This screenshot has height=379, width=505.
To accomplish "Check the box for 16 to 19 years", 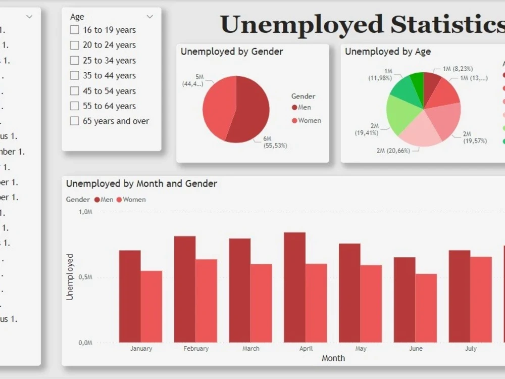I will (x=75, y=30).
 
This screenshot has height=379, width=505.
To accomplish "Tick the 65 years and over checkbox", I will (x=75, y=121).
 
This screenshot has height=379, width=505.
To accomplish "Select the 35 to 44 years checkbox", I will (x=75, y=76).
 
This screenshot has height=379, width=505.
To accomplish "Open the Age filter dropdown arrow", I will (x=149, y=17).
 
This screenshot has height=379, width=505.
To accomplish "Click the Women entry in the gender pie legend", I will (x=309, y=120).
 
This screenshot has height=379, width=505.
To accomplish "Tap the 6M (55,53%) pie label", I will (x=275, y=142).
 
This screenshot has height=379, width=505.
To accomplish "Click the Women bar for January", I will (x=151, y=306).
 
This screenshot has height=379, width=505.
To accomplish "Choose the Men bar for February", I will (x=185, y=289).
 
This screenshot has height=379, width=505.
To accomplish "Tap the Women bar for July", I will (x=481, y=299).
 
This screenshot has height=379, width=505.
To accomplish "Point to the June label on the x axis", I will (x=416, y=349).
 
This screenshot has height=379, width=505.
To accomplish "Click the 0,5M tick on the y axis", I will (x=85, y=277).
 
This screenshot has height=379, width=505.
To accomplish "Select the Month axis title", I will (x=333, y=358).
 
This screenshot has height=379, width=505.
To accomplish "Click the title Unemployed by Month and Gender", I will (x=141, y=184).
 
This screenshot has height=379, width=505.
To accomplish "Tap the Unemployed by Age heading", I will (x=388, y=52).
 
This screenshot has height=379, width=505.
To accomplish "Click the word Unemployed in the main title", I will (x=301, y=24).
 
